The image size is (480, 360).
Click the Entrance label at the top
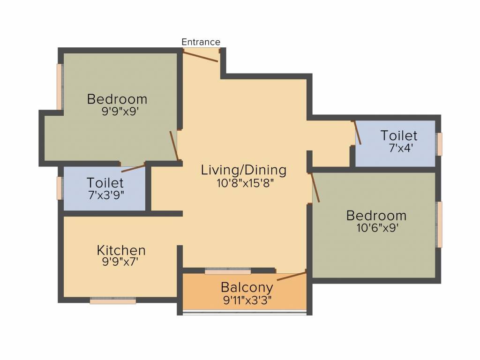click(201, 42)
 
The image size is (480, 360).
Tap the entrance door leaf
click(201, 57)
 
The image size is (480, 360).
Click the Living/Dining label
click(244, 170)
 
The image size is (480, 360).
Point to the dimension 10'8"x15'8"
click(245, 183)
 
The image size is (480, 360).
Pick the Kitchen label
click(121, 250)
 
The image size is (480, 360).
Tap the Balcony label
click(247, 288)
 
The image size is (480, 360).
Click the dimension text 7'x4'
click(401, 148)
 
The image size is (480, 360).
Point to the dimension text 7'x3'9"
click(106, 195)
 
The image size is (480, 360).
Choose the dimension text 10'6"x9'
click(377, 228)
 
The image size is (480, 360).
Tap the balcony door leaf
click(291, 276)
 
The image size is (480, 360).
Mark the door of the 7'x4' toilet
click(358, 133)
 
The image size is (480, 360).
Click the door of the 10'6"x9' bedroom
click(315, 187)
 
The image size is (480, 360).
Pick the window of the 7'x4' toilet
click(439, 144)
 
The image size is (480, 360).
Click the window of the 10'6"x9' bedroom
click(439, 225)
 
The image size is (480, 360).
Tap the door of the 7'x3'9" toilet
click(133, 168)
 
